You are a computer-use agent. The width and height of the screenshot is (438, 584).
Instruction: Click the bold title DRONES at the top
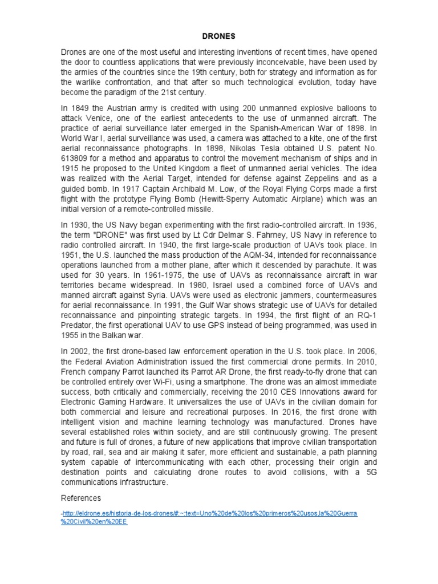pos(219,36)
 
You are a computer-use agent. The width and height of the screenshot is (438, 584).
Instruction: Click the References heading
pos(81,498)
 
